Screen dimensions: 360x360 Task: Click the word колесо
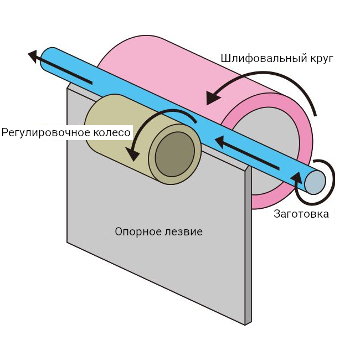click(x=112, y=133)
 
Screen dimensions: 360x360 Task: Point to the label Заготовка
click(x=301, y=214)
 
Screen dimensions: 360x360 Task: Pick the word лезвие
click(x=184, y=232)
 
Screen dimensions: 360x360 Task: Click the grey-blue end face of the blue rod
click(x=315, y=182)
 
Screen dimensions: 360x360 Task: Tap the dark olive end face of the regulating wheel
click(x=175, y=155)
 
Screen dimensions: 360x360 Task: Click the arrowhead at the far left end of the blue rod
click(x=35, y=56)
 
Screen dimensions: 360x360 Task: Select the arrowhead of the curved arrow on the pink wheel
click(x=212, y=97)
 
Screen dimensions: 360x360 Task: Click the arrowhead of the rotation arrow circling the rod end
click(x=297, y=177)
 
